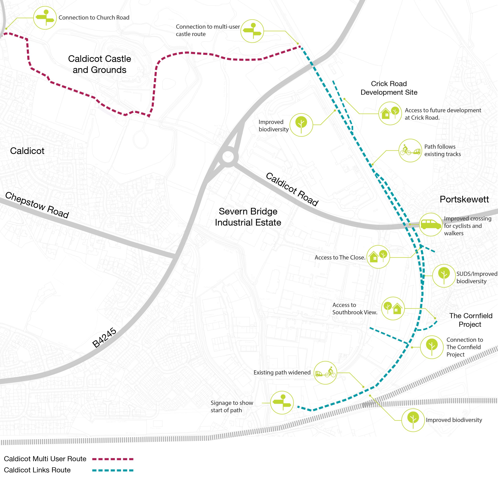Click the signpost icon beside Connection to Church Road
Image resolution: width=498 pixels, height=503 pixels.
(45, 18)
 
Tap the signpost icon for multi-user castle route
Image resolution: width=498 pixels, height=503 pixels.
(252, 31)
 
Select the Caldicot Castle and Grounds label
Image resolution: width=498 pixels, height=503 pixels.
(99, 64)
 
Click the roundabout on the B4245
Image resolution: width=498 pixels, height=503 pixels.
(228, 156)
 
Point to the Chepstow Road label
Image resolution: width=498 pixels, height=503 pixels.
(37, 205)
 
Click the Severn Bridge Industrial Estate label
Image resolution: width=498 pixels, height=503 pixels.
(248, 217)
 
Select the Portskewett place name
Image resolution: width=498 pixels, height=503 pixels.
(464, 199)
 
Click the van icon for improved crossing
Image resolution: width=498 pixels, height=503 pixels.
(431, 224)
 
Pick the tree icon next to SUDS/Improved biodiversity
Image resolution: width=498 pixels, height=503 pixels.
(444, 276)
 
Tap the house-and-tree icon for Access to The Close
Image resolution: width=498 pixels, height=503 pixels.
(378, 257)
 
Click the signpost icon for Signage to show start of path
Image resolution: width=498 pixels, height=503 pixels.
(282, 403)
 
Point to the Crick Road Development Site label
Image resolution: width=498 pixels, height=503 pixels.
(389, 88)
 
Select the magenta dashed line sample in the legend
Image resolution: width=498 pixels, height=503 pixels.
(113, 459)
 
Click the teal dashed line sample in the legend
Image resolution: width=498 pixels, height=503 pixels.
(113, 470)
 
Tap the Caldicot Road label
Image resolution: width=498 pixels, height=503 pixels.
(292, 189)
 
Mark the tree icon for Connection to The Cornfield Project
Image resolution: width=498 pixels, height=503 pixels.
(432, 347)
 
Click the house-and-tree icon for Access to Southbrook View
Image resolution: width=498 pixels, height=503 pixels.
(393, 308)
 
